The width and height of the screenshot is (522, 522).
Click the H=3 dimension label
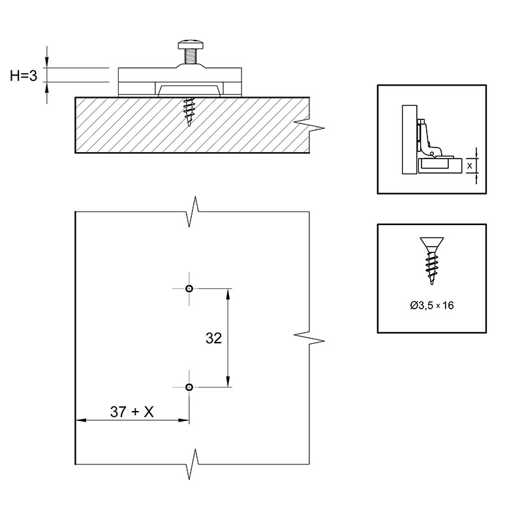pyautogui.click(x=23, y=76)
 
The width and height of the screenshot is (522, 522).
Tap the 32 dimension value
pyautogui.click(x=213, y=338)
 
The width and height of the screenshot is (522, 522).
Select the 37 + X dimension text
pyautogui.click(x=132, y=412)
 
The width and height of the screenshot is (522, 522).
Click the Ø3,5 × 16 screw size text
pyautogui.click(x=432, y=305)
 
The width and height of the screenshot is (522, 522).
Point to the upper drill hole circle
pyautogui.click(x=189, y=288)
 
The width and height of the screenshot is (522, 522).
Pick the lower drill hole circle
pyautogui.click(x=189, y=387)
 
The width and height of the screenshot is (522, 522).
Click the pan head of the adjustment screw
pyautogui.click(x=191, y=44)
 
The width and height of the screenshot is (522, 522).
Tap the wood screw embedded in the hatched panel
pyautogui.click(x=189, y=112)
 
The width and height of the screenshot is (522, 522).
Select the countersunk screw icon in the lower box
pyautogui.click(x=432, y=260)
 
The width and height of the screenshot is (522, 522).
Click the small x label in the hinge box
pyautogui.click(x=469, y=166)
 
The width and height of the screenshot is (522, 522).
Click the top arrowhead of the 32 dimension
pyautogui.click(x=228, y=294)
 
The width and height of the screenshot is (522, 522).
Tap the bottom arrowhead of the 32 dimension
pyautogui.click(x=228, y=382)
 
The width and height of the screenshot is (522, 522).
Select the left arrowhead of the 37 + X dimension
pyautogui.click(x=82, y=420)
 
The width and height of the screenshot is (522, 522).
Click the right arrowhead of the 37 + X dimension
pyautogui.click(x=183, y=420)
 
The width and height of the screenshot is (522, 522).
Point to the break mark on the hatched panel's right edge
pyautogui.click(x=309, y=125)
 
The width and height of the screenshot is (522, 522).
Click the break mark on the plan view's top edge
pyautogui.click(x=194, y=211)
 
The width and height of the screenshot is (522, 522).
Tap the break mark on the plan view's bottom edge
pyautogui.click(x=194, y=464)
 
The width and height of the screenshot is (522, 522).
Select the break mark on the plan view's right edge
pyautogui.click(x=309, y=337)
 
